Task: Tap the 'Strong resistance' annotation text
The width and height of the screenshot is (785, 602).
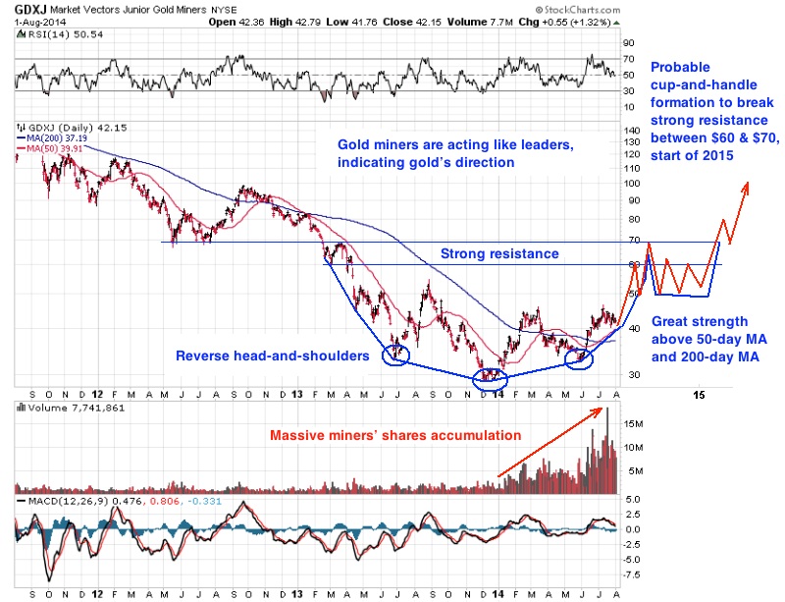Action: pos(499,253)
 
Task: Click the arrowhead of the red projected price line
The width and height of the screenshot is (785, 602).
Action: pos(748,187)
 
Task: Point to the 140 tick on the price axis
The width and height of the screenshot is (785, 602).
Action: pos(633,130)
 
